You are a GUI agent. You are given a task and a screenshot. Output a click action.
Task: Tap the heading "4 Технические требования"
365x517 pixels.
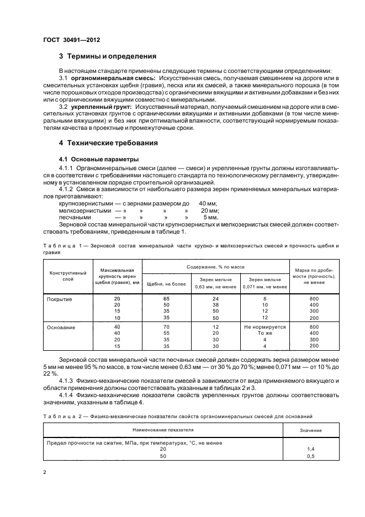(x=108, y=143)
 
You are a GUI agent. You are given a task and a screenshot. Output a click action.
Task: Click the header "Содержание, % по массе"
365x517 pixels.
(x=216, y=266)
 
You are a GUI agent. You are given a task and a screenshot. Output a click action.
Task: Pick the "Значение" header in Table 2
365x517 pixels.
(x=310, y=428)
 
